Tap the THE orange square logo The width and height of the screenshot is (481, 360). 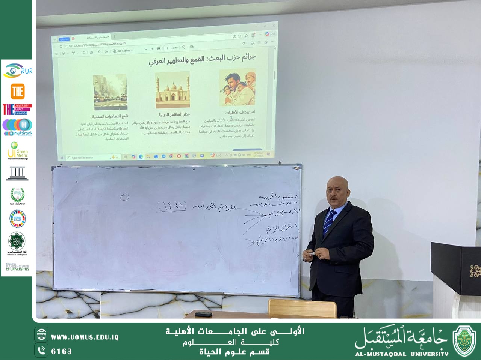17,91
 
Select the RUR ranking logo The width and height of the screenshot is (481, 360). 17,71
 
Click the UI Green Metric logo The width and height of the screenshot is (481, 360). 17,150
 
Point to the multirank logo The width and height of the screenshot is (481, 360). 17,127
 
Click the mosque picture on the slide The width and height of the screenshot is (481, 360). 172,90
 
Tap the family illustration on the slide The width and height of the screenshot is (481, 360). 237,87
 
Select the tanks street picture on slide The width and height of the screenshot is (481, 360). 110,92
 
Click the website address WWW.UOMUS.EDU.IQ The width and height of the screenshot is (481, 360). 85,337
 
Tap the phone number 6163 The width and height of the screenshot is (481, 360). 61,351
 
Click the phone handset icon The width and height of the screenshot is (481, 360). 41,351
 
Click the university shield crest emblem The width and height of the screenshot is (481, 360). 464,340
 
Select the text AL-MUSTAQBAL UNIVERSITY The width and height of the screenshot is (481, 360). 402,354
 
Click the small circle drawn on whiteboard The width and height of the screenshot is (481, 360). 125,197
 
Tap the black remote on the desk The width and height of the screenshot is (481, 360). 203,314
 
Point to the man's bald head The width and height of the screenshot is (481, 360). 337,182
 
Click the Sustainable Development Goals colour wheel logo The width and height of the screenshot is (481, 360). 17,218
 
